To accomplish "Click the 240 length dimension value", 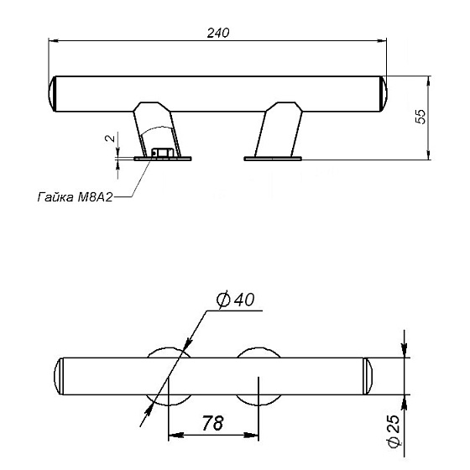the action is [x=218, y=33].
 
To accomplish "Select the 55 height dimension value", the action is [x=420, y=117].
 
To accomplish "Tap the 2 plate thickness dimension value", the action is [x=110, y=138].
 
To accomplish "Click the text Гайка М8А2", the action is [x=75, y=197].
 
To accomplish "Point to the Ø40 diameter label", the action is [x=235, y=300].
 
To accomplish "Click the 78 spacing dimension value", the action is [x=212, y=423].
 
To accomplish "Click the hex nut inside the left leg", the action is [x=163, y=153].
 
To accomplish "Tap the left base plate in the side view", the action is [x=163, y=159].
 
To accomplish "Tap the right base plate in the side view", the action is [x=273, y=159].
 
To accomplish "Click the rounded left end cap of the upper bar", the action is [x=52, y=94].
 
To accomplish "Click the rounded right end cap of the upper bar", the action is [x=384, y=94].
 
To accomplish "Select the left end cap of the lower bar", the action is [x=59, y=376].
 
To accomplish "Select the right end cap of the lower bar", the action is [x=368, y=376].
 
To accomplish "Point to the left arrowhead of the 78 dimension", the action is [x=176, y=435].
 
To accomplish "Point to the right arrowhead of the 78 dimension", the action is [x=251, y=435].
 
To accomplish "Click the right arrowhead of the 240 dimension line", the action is [x=382, y=40].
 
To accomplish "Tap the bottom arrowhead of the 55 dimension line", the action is [x=429, y=154].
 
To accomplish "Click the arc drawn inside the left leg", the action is [x=156, y=128].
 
